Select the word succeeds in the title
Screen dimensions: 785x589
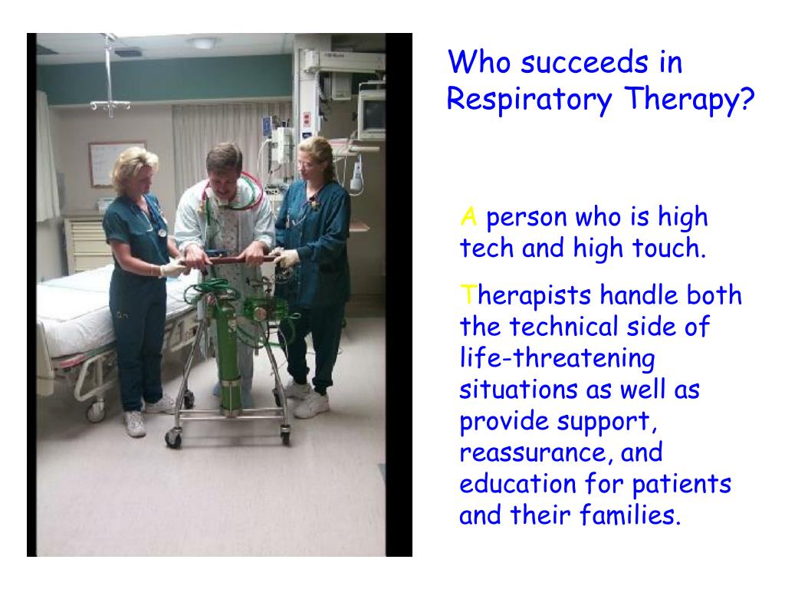(x=585, y=63)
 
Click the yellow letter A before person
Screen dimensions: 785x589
(x=468, y=217)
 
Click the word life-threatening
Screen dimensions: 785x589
(x=557, y=359)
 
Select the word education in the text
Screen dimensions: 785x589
(x=517, y=483)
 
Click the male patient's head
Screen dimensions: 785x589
(x=225, y=166)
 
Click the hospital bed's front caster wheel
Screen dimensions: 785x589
(x=95, y=411)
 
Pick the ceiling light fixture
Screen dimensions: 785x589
(x=202, y=43)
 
